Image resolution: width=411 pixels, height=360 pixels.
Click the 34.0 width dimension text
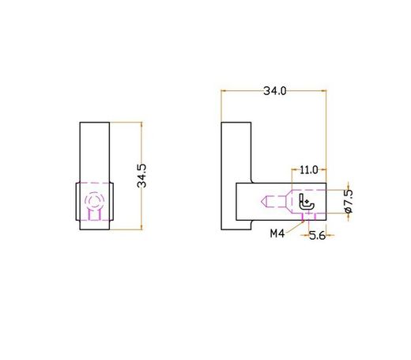tap(274, 91)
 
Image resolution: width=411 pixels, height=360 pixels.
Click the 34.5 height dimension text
tap(142, 176)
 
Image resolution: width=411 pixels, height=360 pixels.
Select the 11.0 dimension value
tap(308, 169)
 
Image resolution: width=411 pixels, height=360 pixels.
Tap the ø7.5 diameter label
tap(349, 203)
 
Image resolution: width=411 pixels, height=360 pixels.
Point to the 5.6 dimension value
tap(317, 234)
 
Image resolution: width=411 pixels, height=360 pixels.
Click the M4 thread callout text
tap(277, 233)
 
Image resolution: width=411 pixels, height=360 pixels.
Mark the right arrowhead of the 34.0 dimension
tap(324, 91)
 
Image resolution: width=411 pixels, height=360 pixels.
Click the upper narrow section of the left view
tap(94, 150)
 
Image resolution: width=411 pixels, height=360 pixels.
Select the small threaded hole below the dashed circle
tap(95, 214)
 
